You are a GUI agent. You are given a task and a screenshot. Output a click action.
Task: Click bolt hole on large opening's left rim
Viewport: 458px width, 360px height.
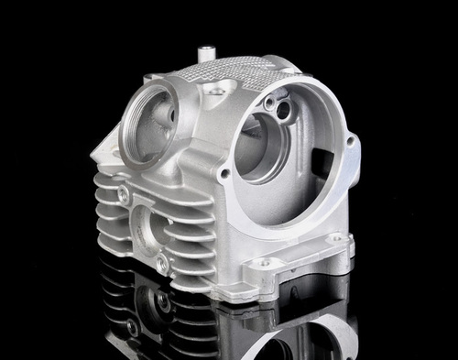(x=224, y=171)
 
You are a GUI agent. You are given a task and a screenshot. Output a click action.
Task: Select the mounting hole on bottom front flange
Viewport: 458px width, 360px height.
(x=265, y=263)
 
